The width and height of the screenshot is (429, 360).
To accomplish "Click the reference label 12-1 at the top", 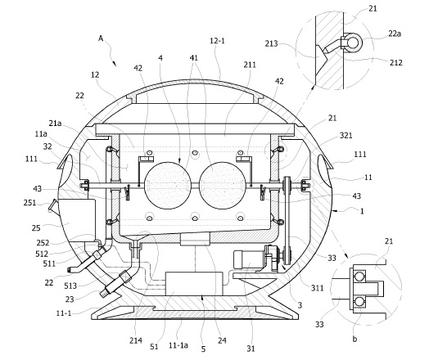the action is click(217, 41).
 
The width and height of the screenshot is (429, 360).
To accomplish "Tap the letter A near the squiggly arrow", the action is click(101, 38).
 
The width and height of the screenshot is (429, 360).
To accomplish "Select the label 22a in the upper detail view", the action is click(395, 34).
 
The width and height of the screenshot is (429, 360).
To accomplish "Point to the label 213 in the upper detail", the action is click(271, 43).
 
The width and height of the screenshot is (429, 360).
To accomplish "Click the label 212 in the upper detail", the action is click(396, 63).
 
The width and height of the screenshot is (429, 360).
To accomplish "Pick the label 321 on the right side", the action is click(345, 135).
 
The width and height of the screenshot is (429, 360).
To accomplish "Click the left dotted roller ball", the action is click(168, 186).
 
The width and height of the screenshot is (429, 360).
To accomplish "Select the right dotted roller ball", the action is click(222, 186).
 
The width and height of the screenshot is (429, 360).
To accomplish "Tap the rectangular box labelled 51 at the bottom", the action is click(194, 283).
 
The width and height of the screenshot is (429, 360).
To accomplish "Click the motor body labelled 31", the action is click(248, 259).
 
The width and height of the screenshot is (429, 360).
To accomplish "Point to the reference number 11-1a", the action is click(178, 345).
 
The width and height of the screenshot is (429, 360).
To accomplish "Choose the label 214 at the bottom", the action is click(136, 340).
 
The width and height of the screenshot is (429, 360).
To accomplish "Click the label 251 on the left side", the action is click(29, 203).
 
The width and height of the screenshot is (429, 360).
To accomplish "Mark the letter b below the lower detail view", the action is click(354, 339).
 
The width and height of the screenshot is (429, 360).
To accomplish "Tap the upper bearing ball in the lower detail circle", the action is click(359, 277).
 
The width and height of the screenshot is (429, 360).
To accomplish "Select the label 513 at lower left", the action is click(70, 286).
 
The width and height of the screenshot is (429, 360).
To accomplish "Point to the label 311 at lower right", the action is click(318, 287).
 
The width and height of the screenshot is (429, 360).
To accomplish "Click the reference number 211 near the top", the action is click(250, 65).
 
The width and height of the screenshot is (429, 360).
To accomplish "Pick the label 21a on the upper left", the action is click(56, 124).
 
